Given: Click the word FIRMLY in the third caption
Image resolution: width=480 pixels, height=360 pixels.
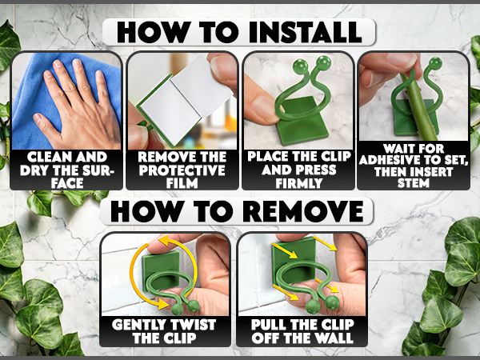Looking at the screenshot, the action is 298,183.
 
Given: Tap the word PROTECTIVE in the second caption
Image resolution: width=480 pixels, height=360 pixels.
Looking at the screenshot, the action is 182,170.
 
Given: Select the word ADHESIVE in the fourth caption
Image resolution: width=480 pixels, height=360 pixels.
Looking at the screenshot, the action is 390,160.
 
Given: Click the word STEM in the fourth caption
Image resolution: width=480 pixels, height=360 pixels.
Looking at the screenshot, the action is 414,183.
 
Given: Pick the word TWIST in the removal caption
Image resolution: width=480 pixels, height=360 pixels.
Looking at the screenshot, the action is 190,325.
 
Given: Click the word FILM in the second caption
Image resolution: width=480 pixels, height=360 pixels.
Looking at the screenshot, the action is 182,183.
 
